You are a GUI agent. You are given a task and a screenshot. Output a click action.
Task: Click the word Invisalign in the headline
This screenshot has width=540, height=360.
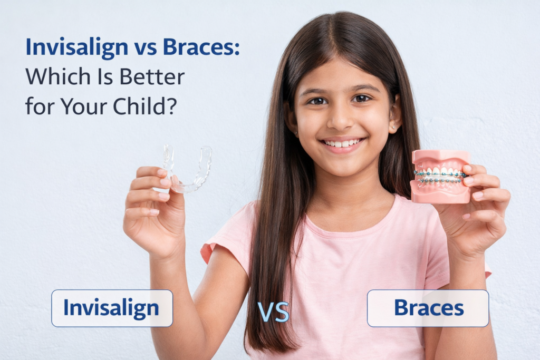pos(76,47)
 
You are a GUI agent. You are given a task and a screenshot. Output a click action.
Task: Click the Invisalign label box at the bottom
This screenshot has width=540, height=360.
pos(112,308)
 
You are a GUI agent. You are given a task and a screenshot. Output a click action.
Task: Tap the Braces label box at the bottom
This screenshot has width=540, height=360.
pos(428,308)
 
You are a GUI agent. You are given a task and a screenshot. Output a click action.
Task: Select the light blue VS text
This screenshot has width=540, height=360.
pos(273,312)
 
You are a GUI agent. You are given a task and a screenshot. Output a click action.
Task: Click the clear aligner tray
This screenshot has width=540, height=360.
pos(188,168)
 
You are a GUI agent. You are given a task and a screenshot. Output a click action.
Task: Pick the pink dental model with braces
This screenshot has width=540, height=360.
pos(441,176)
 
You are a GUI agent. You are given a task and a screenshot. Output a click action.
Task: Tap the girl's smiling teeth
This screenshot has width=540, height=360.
pos(343,143)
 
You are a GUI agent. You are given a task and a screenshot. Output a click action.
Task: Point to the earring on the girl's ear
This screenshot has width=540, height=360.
pos(392,128)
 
